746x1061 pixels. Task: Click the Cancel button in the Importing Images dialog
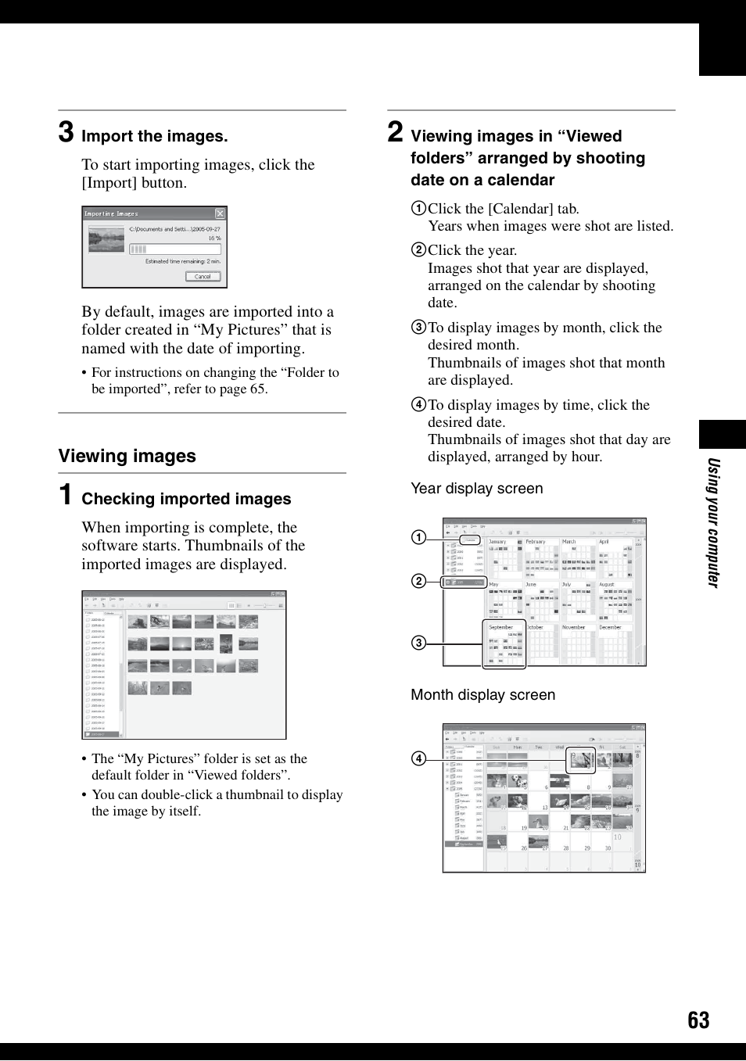click(203, 276)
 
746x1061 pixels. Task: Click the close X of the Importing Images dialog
click(220, 213)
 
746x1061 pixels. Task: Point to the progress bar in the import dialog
click(174, 249)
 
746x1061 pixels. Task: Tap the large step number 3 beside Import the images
click(66, 132)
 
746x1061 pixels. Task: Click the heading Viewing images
click(127, 456)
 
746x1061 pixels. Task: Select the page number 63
click(698, 1020)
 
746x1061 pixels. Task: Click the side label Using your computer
click(712, 522)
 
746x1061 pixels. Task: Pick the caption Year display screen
click(476, 489)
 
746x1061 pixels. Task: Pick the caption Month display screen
click(482, 695)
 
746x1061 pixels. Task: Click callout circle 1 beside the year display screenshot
click(419, 537)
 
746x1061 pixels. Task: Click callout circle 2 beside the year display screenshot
click(419, 581)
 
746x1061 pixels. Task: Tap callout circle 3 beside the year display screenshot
click(419, 643)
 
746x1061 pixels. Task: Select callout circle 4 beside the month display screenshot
click(419, 758)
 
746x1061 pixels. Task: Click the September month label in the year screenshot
click(500, 627)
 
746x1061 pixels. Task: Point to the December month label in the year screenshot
click(610, 627)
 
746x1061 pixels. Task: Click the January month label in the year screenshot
click(497, 541)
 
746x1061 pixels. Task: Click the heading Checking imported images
click(186, 499)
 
